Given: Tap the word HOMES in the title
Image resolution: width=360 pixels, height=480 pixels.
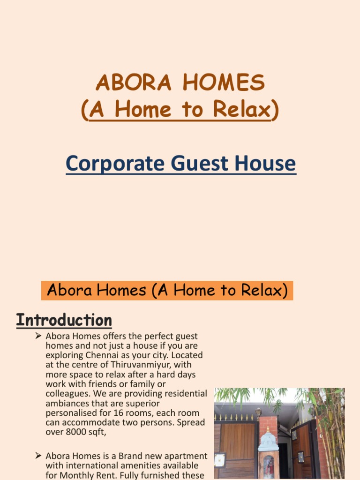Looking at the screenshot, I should pyautogui.click(x=224, y=83).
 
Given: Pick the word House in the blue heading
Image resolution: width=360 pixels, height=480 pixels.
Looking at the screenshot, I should pyautogui.click(x=264, y=164).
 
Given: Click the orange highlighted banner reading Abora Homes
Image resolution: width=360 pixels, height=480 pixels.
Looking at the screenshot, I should pyautogui.click(x=167, y=291).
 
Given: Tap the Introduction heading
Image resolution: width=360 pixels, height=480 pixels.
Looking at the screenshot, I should pyautogui.click(x=64, y=321).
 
